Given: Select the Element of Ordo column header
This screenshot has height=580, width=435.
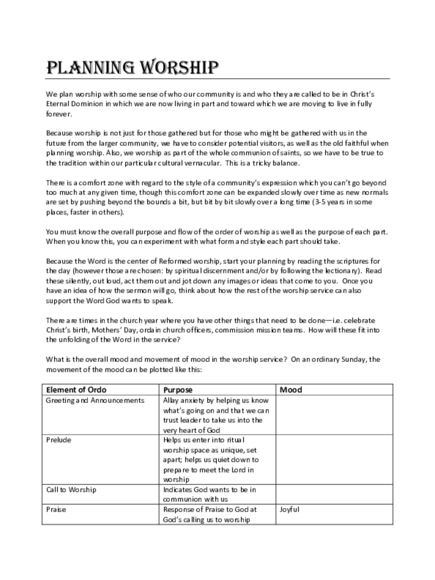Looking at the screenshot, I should [76, 390].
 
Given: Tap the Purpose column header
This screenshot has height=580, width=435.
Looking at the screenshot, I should [178, 390].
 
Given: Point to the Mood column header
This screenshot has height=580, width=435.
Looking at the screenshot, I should [291, 390].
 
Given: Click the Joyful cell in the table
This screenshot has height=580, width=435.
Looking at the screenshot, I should [289, 509].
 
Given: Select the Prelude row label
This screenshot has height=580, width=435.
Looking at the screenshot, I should [58, 440].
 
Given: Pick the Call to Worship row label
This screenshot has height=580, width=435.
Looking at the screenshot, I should [71, 489].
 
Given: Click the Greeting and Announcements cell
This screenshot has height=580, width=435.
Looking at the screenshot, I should [95, 400].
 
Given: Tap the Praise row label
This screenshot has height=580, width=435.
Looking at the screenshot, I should [56, 509].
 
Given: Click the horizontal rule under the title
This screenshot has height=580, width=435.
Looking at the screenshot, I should [218, 78].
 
